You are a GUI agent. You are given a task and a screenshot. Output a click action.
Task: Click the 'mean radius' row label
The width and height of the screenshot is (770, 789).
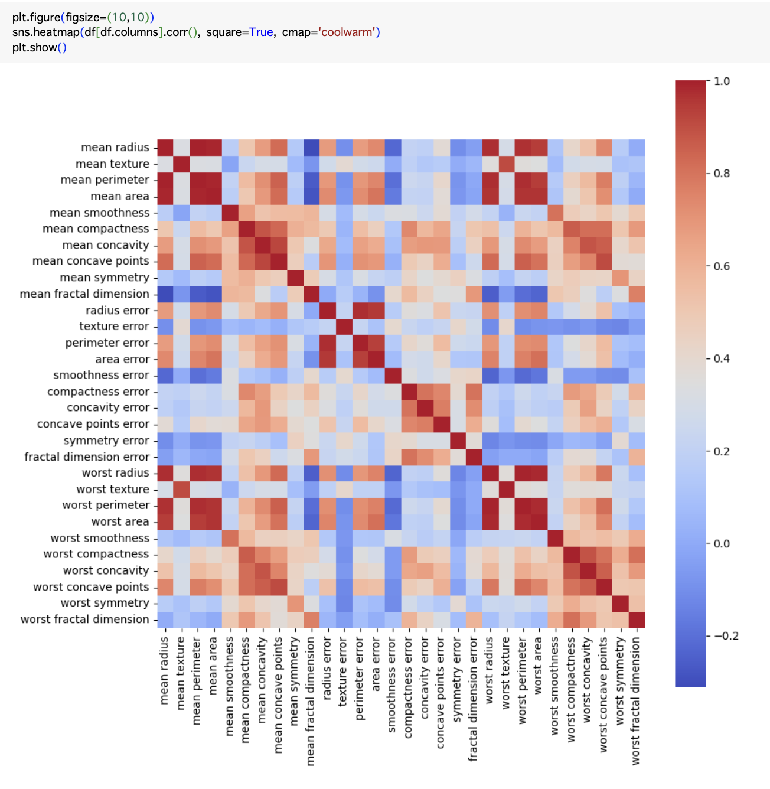coord(115,148)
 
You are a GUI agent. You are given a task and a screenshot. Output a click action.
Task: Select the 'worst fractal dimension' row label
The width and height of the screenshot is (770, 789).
coord(85,620)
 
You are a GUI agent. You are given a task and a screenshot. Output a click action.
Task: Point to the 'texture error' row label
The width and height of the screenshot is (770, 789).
coord(114,327)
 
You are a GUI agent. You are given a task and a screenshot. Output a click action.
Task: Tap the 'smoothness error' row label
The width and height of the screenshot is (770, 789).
coord(101,376)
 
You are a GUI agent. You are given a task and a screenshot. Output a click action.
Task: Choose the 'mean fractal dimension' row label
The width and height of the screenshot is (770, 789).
coord(84,294)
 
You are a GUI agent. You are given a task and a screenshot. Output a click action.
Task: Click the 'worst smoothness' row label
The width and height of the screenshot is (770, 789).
coord(100,539)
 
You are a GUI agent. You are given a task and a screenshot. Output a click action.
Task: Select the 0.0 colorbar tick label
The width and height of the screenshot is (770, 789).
coord(722,544)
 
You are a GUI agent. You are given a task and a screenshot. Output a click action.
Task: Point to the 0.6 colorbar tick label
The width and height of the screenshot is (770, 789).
coord(722,266)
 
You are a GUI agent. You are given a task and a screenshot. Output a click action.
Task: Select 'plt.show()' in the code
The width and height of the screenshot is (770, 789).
coord(40,47)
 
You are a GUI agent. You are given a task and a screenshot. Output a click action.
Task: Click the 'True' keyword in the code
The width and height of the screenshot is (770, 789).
coord(261,32)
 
